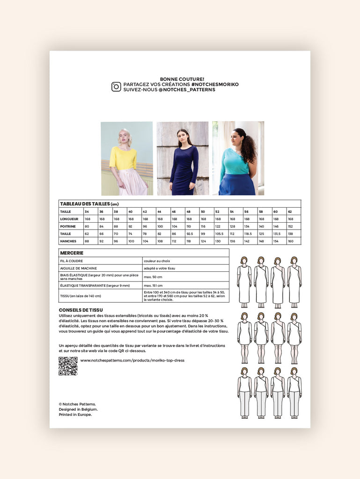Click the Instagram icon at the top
coord(116,87)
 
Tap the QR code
coord(68,366)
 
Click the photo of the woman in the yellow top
coord(127,158)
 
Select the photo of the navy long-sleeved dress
coord(183,158)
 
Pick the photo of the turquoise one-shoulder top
coord(238,158)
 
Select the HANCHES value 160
coord(291,241)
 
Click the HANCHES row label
coord(68,241)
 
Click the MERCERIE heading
coord(72,253)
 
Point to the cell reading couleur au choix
coord(159,261)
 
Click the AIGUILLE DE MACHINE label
coord(79,268)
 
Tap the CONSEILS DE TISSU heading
coord(81,310)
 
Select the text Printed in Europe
coord(75,414)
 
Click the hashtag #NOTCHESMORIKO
coord(215,84)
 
